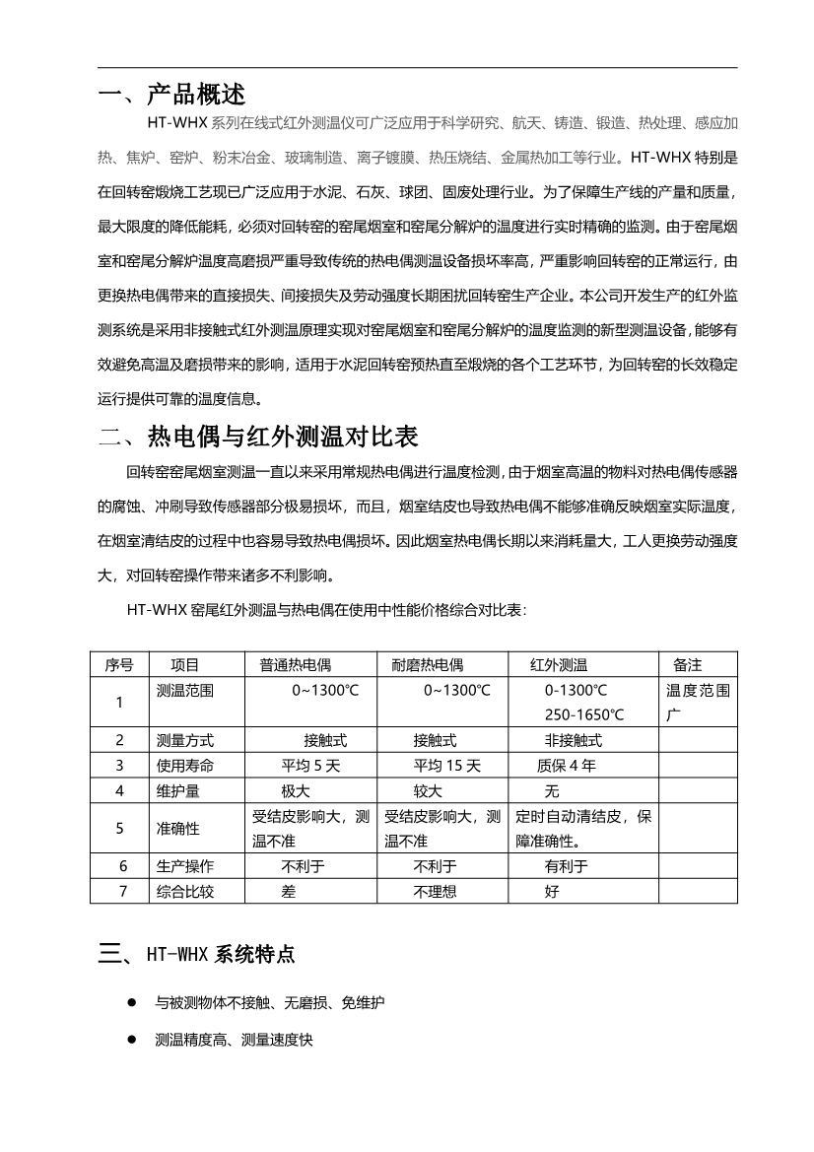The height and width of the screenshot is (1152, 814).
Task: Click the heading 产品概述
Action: [x=195, y=95]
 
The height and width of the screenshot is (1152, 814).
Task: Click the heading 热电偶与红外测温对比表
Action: [x=283, y=435]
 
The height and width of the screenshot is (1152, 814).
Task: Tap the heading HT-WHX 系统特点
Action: [x=220, y=954]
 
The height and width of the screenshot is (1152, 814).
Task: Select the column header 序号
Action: [x=119, y=665]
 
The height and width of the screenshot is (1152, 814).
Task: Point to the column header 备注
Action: [x=687, y=665]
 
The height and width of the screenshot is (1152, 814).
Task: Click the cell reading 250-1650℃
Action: [x=584, y=714]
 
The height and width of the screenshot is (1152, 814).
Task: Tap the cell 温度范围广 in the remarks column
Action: [x=699, y=702]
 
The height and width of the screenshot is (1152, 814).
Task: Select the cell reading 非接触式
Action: [x=573, y=740]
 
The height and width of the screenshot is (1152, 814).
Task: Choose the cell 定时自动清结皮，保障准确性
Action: [x=583, y=829]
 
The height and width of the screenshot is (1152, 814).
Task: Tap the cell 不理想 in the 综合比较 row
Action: [x=435, y=892]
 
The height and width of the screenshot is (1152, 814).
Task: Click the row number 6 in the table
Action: [x=119, y=866]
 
